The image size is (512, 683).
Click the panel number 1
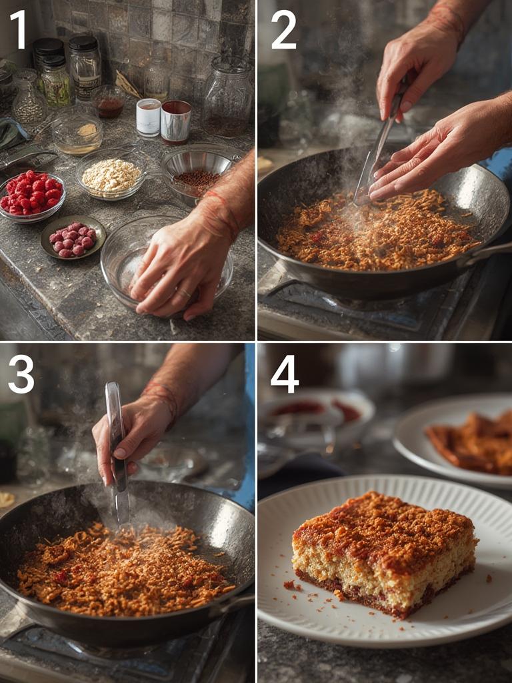pos(18,30)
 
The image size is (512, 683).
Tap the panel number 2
pos(283,30)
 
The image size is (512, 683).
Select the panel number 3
pos(21,374)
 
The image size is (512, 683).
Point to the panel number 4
pos(285,374)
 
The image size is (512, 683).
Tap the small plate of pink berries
pos(73,238)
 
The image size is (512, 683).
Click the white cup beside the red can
pos(148,117)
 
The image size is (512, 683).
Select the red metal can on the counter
pos(176,121)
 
